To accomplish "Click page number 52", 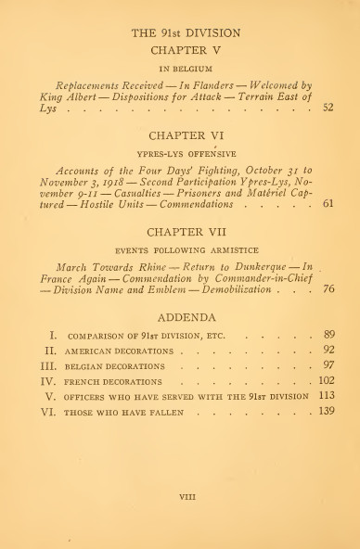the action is tap(328, 109).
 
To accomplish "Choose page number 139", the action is tap(326, 409).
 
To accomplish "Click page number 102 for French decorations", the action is tap(326, 379).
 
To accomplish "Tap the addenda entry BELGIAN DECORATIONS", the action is tap(114, 365).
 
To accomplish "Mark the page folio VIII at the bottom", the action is tap(180, 496).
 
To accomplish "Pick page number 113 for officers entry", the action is tap(326, 394).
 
